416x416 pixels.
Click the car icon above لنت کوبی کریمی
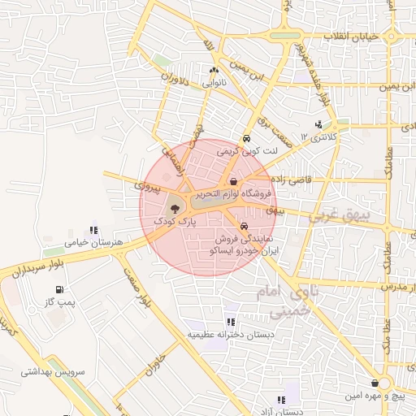point(246,139)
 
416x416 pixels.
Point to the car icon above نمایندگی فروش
point(244,227)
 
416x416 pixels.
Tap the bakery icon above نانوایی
point(214,71)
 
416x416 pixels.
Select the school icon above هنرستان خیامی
point(94,230)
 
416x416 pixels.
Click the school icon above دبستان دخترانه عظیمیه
point(232,322)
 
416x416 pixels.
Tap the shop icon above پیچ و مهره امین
point(374,383)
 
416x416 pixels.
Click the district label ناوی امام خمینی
point(288,301)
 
